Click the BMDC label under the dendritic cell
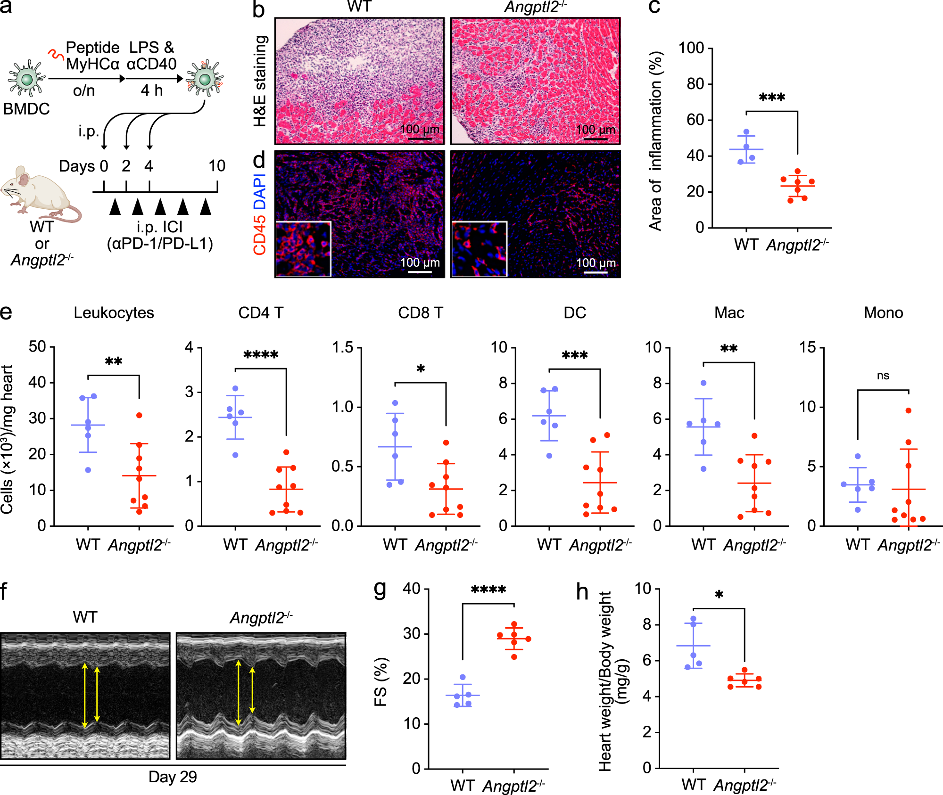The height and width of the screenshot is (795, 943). [x=26, y=109]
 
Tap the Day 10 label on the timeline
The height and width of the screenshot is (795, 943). [x=217, y=166]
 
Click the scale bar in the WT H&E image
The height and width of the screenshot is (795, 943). [x=419, y=139]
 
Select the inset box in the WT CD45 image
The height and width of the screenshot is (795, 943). [x=303, y=248]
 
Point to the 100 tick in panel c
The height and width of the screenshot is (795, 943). [x=691, y=48]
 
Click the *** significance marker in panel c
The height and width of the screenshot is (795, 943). [x=772, y=98]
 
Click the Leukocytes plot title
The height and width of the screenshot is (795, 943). [x=114, y=312]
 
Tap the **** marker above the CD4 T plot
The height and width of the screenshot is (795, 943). [x=261, y=355]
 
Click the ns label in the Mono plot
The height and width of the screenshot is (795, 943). [x=883, y=376]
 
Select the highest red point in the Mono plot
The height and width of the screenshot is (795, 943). [x=908, y=410]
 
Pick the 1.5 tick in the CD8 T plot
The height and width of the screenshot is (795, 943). [x=343, y=347]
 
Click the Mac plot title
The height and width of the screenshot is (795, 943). [x=729, y=312]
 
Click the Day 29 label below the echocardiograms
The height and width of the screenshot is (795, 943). [x=173, y=777]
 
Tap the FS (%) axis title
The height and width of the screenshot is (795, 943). [x=381, y=681]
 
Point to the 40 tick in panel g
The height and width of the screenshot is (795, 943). [x=411, y=589]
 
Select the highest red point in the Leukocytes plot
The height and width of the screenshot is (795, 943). [x=139, y=415]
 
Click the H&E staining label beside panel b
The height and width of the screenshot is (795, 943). [x=260, y=81]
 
